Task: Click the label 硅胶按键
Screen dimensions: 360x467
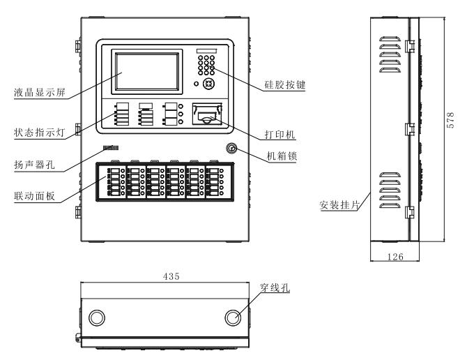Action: click(286, 84)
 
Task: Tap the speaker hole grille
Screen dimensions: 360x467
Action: click(112, 148)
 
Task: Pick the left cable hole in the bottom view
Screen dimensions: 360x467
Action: click(97, 317)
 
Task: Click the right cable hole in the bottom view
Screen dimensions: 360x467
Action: click(234, 317)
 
